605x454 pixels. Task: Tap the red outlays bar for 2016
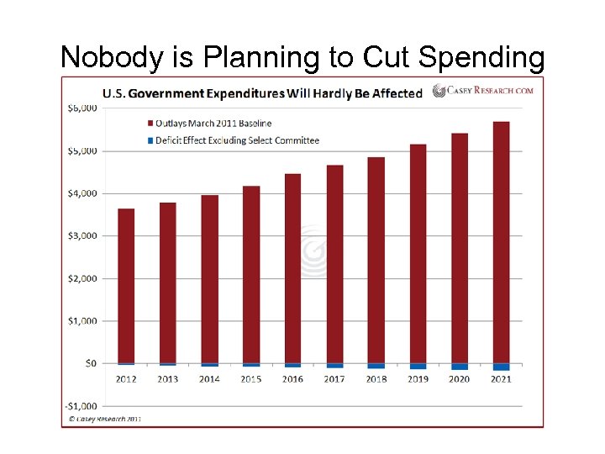point(292,268)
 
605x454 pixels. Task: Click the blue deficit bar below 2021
point(501,367)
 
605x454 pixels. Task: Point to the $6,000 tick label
point(82,108)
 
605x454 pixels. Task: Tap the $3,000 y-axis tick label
point(82,235)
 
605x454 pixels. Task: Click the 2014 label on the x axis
point(209,379)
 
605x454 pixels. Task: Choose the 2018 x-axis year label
point(376,379)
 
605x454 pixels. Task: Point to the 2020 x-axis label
point(459,379)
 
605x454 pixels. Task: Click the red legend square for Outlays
point(150,124)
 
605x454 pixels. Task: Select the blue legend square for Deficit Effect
point(150,140)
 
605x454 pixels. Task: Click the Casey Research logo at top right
point(483,91)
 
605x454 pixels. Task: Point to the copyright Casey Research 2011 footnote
point(106,418)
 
